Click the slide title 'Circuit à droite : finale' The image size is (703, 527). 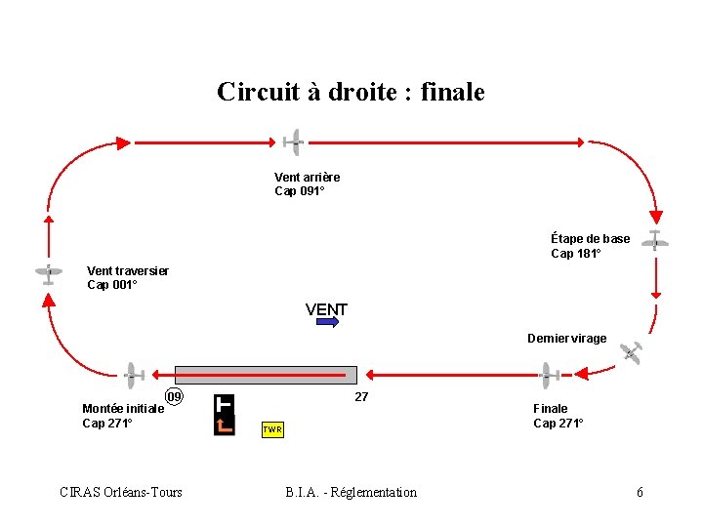(x=351, y=92)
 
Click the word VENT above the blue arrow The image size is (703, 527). (x=326, y=309)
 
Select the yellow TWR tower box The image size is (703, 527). (x=272, y=429)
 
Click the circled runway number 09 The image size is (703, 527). (x=174, y=397)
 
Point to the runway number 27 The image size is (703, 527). (x=361, y=397)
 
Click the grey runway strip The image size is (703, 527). (x=266, y=374)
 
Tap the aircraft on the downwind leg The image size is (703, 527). (x=293, y=142)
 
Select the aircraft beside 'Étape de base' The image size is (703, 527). (x=654, y=242)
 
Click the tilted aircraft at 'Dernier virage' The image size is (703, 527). (x=633, y=353)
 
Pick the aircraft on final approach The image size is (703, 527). (x=547, y=374)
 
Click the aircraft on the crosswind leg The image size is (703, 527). (x=48, y=274)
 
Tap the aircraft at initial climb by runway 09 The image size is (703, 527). (x=132, y=374)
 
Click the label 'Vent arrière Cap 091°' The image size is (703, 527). (x=307, y=183)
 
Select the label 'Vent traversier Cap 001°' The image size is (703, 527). (x=127, y=278)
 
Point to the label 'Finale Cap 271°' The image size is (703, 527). (x=558, y=416)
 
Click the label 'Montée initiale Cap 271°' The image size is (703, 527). (x=122, y=416)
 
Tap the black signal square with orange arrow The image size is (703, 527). (x=225, y=415)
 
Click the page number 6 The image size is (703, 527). (x=640, y=492)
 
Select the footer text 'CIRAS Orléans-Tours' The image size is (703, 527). (x=121, y=492)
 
